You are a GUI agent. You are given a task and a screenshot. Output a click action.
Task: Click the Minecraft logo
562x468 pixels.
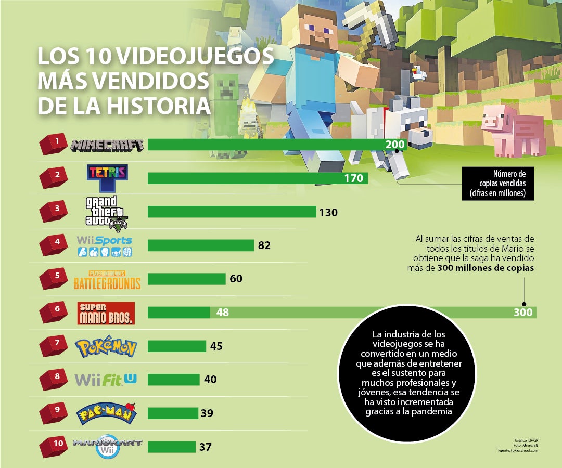click(x=107, y=145)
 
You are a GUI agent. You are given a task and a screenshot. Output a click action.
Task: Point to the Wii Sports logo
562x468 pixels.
click(x=105, y=246)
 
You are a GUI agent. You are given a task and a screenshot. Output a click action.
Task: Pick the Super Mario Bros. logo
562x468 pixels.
click(x=106, y=313)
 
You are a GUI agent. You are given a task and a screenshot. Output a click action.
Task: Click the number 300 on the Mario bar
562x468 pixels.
click(x=523, y=312)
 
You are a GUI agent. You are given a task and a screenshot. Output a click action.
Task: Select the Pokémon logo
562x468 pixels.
click(x=106, y=347)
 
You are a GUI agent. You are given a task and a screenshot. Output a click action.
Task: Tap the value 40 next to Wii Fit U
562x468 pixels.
click(x=210, y=380)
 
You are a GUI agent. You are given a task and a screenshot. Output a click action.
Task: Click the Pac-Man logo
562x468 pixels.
click(x=107, y=413)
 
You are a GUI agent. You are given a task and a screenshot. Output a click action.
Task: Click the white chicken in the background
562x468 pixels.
click(x=419, y=73)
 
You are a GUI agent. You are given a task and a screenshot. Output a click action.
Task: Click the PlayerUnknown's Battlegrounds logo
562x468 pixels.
click(x=107, y=280)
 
